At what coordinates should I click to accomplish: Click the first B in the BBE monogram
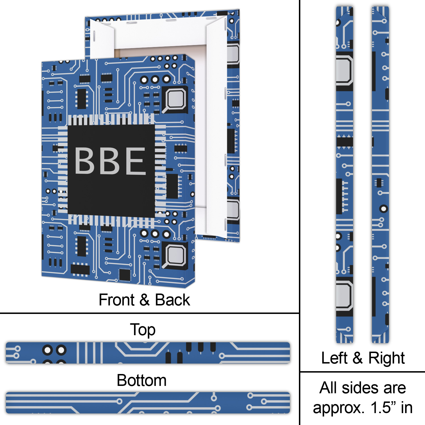[x=84, y=161]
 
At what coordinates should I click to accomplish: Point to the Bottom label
[x=141, y=380]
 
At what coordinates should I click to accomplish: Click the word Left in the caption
[x=334, y=358]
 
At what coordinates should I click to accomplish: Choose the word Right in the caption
[x=386, y=358]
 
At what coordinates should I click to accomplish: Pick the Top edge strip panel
[x=148, y=353]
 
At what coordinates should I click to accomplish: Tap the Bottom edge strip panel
[x=148, y=403]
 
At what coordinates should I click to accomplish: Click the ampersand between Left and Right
[x=358, y=358]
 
